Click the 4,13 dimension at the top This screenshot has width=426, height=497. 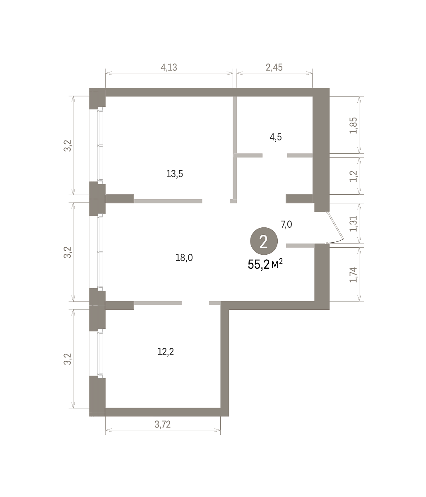169,68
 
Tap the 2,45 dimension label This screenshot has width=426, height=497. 274,68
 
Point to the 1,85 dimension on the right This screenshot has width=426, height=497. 354,125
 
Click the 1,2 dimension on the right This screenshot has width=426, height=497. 354,176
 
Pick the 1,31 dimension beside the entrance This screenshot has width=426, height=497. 354,224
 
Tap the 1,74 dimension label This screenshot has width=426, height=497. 354,275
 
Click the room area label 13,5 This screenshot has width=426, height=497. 175,174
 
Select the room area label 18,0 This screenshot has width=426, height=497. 184,258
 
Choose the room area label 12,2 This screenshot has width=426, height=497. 166,352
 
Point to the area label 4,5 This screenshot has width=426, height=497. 275,137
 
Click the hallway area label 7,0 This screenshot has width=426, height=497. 286,224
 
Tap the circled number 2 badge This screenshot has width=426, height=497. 264,241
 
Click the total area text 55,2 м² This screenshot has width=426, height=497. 265,265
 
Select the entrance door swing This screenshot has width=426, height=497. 335,228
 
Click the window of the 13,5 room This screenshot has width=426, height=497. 100,145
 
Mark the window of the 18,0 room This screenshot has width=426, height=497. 100,252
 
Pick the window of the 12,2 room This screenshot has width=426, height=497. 100,353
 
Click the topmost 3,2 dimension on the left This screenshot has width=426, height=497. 68,145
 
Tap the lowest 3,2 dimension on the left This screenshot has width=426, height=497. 68,359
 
